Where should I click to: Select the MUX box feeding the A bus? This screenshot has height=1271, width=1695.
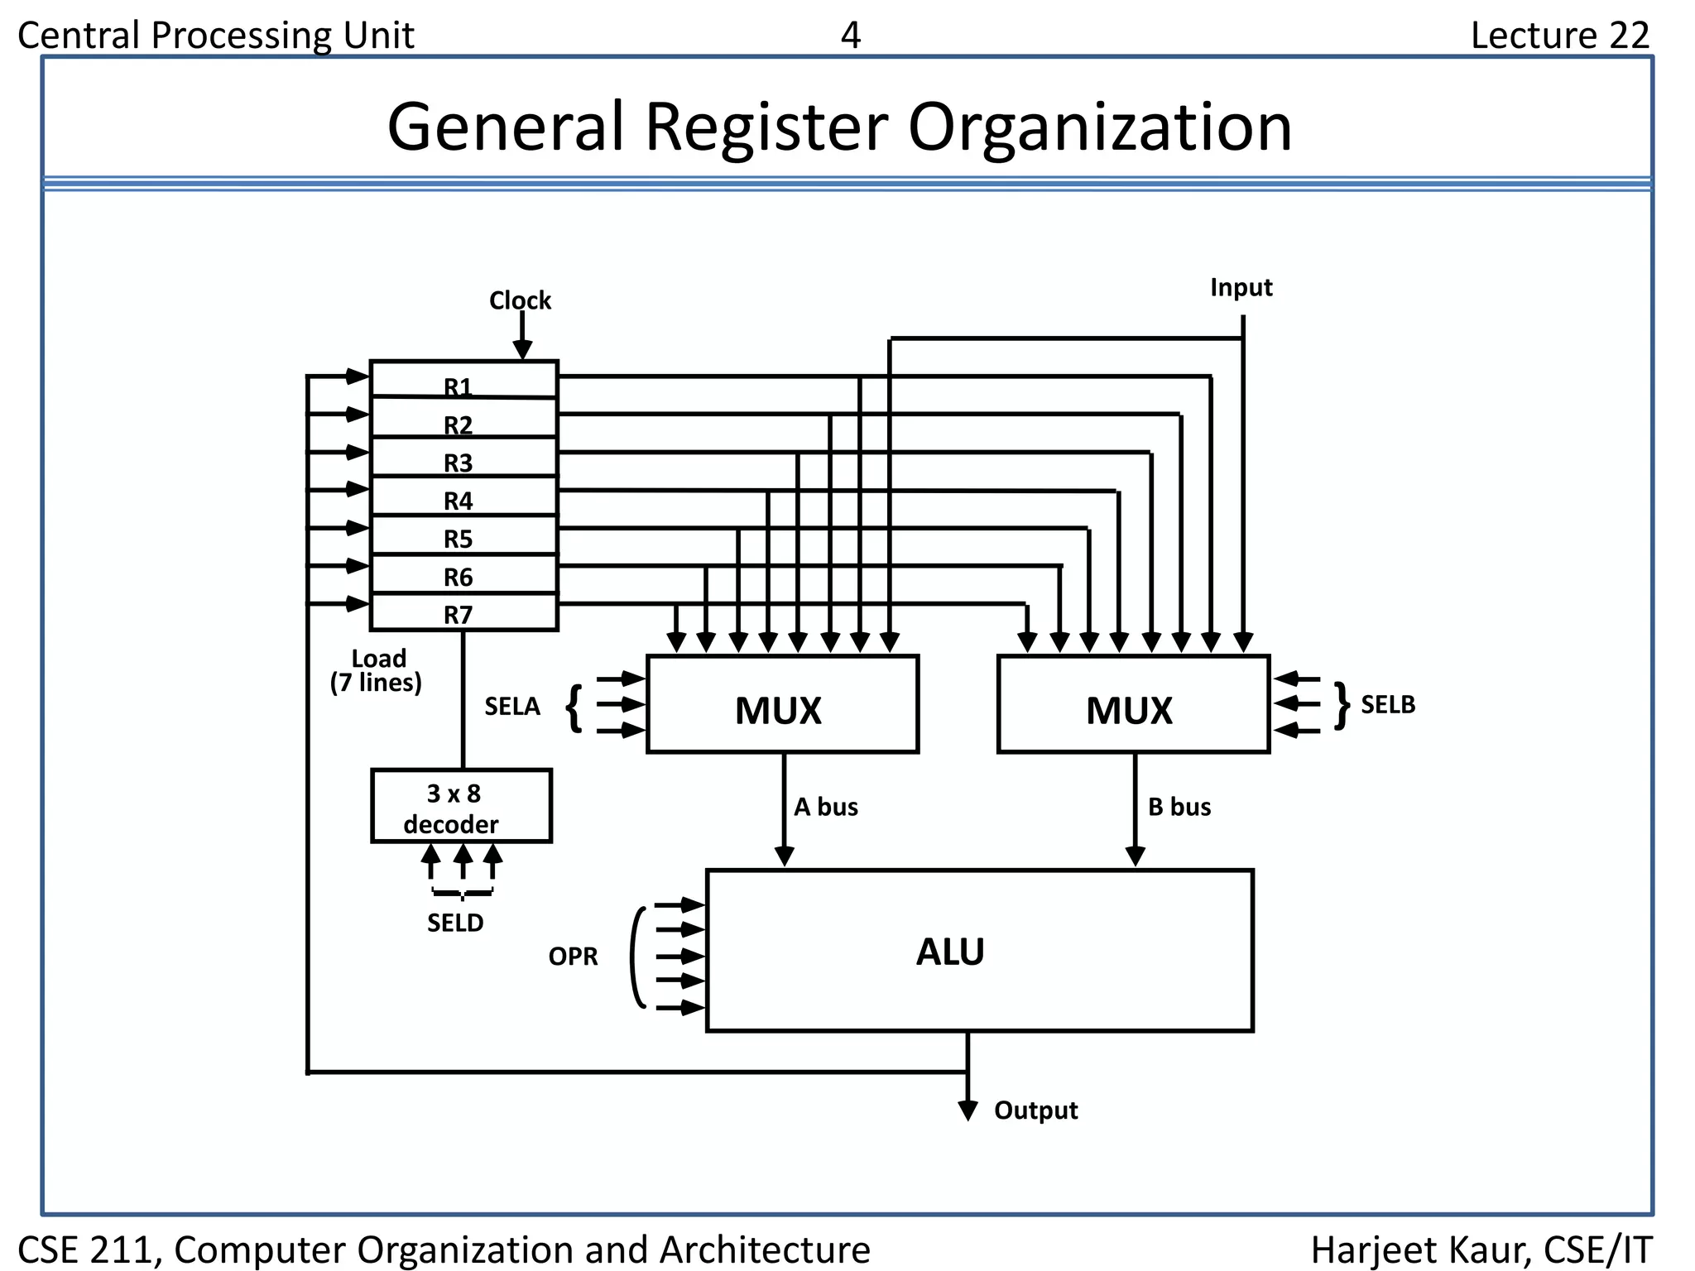coord(782,704)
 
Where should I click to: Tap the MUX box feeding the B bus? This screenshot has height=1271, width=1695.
coord(1133,704)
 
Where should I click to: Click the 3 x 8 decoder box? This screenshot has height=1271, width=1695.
coord(461,806)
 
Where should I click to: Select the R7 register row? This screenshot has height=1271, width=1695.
coord(463,613)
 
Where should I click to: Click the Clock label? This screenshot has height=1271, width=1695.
coord(519,300)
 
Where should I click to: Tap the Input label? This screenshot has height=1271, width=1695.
coord(1241,287)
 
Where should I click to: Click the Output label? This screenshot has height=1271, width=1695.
coord(1035,1110)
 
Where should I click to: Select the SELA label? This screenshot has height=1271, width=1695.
coord(511,706)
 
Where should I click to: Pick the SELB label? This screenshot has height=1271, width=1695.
coord(1388,704)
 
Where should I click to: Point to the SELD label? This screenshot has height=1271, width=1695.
coord(455,923)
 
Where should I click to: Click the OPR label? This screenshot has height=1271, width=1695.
coord(573,957)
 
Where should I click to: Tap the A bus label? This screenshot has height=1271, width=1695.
coord(825,807)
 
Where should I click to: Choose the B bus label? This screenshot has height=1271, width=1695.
coord(1179,807)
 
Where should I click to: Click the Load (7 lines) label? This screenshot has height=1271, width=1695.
coord(377,670)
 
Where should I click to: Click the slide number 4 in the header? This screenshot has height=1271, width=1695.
coord(850,35)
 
